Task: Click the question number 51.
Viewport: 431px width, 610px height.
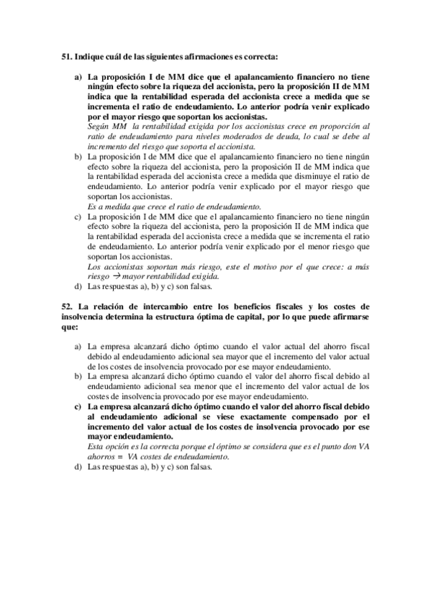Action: point(66,55)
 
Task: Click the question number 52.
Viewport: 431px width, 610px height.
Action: point(66,307)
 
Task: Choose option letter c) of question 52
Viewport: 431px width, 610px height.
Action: point(78,406)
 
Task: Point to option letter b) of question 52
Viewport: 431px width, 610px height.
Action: point(78,375)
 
